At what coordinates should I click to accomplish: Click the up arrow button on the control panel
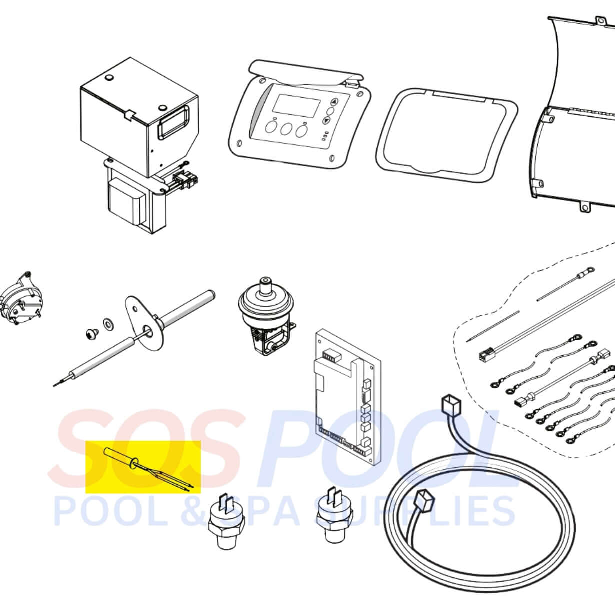click(334, 102)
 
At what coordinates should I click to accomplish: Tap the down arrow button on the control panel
click(326, 121)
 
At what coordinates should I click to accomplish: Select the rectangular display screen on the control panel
click(296, 104)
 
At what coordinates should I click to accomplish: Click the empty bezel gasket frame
click(446, 133)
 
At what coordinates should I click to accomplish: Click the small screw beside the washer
click(92, 334)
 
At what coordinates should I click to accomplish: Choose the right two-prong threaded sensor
click(335, 516)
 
